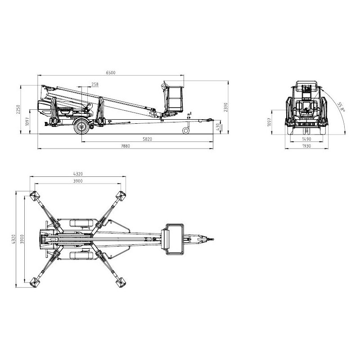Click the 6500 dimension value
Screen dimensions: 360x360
click(111, 72)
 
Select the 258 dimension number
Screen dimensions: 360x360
click(95, 84)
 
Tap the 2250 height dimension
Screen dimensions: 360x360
click(18, 109)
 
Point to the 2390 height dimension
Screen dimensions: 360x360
click(226, 107)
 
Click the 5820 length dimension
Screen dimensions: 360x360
click(147, 139)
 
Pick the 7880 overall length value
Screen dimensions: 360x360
click(125, 146)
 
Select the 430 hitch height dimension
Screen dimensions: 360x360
click(218, 126)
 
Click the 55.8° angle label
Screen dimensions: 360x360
click(341, 107)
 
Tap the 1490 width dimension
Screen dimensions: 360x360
click(306, 139)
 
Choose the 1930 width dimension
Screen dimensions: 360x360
click(306, 146)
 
